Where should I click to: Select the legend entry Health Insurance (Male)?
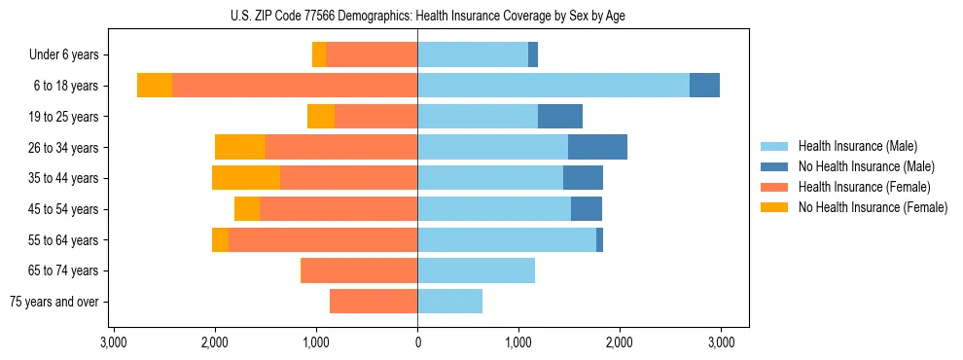point(857,146)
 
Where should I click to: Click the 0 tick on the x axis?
point(417,342)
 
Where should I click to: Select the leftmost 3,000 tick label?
point(114,342)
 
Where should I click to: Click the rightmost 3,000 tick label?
point(721,342)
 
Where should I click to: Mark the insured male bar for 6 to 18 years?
point(553,86)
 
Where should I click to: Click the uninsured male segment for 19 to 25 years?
point(560,117)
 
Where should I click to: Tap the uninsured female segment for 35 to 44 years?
point(246,178)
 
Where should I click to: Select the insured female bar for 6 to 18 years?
point(295,86)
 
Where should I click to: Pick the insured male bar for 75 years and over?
point(449,302)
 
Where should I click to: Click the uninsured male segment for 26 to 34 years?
point(597,147)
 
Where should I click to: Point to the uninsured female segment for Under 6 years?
point(319,55)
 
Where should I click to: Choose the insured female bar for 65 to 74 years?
point(360,270)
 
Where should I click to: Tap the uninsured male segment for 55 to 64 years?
point(599,239)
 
